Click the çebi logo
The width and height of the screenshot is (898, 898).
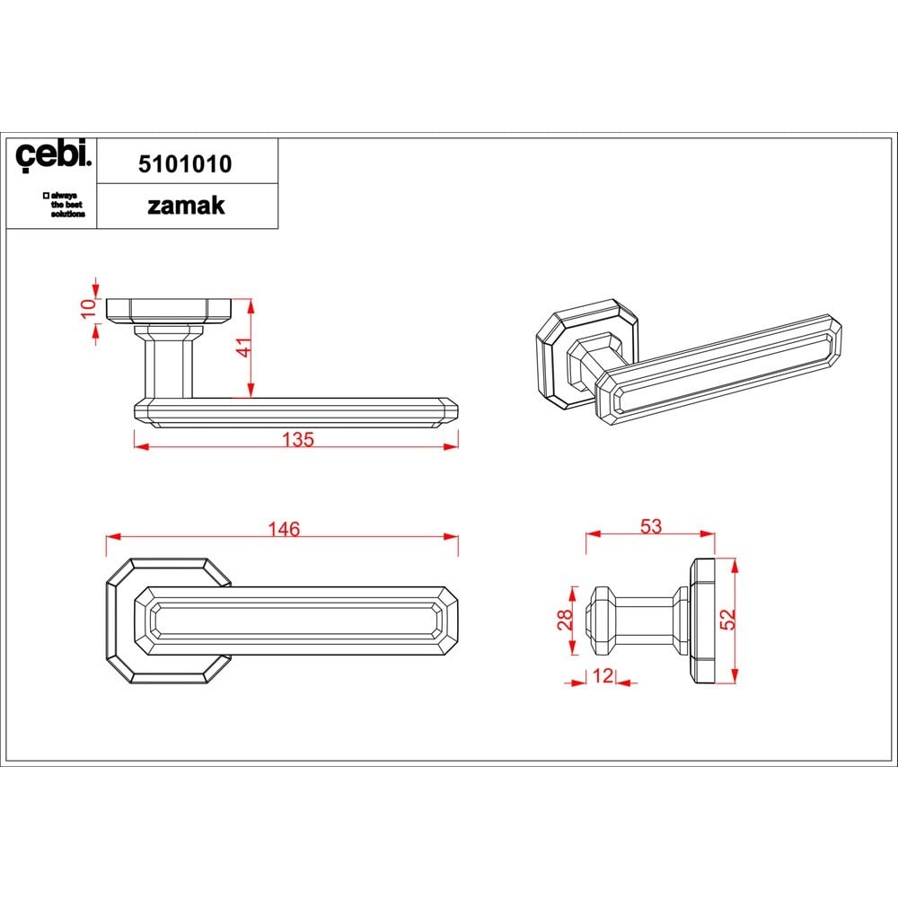click(53, 154)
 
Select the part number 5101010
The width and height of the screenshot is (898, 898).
click(185, 164)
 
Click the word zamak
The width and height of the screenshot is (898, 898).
click(186, 206)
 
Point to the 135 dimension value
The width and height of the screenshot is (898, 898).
click(298, 439)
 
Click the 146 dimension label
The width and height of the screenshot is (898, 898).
click(284, 529)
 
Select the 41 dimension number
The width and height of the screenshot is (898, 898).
click(244, 348)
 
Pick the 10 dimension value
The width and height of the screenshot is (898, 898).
click(89, 309)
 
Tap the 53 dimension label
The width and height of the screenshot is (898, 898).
click(650, 526)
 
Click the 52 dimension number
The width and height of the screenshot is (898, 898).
click(727, 619)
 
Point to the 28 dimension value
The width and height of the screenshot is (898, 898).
click(565, 620)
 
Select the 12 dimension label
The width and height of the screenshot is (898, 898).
click(603, 676)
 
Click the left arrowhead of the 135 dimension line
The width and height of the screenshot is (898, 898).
click(141, 446)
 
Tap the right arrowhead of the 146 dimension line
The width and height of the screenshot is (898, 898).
click(452, 537)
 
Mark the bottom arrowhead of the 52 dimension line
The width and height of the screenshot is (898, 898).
click(735, 676)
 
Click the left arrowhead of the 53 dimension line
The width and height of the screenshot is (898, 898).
click(593, 533)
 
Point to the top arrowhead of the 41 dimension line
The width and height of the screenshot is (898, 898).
click(251, 306)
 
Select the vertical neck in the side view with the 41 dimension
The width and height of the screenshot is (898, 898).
click(168, 367)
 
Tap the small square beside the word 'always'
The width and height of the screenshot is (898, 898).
click(46, 195)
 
